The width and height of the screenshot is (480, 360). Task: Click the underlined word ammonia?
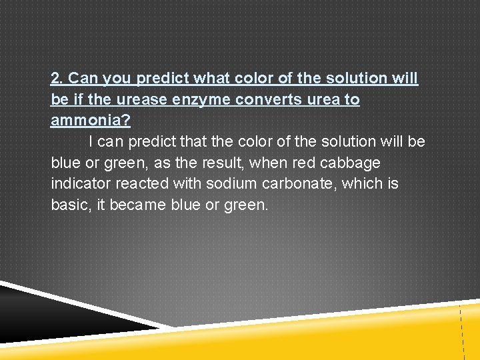pyautogui.click(x=91, y=121)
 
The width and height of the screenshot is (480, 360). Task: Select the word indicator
pyautogui.click(x=80, y=183)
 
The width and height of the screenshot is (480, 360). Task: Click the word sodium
pyautogui.click(x=203, y=183)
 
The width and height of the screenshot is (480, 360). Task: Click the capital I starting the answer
pyautogui.click(x=91, y=142)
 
